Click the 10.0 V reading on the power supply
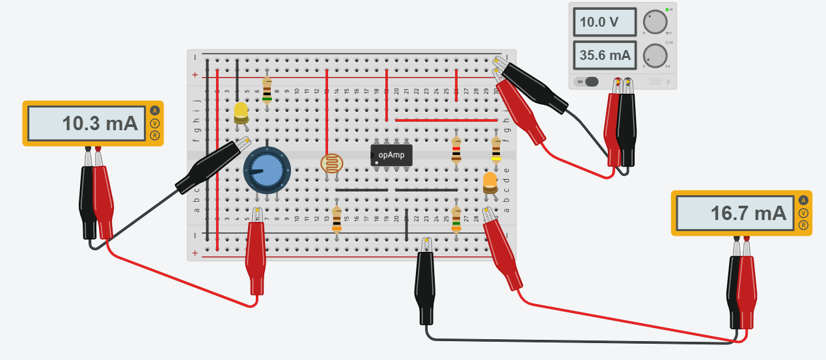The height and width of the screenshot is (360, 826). (603, 22)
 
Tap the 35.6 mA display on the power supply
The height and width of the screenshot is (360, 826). (603, 55)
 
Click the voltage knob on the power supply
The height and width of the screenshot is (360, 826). (657, 22)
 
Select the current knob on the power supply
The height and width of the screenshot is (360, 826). (657, 55)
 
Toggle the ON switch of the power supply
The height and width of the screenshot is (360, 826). (588, 82)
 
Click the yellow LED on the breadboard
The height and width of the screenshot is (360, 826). (241, 112)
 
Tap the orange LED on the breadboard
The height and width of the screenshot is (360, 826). (491, 182)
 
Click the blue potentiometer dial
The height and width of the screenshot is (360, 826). (265, 169)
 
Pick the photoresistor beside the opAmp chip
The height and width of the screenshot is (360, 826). (332, 164)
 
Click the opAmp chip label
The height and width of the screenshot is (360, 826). (392, 154)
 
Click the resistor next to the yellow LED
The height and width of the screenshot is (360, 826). (267, 90)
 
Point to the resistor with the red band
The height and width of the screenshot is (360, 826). (456, 148)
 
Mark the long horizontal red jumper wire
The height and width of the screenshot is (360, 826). (446, 120)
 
